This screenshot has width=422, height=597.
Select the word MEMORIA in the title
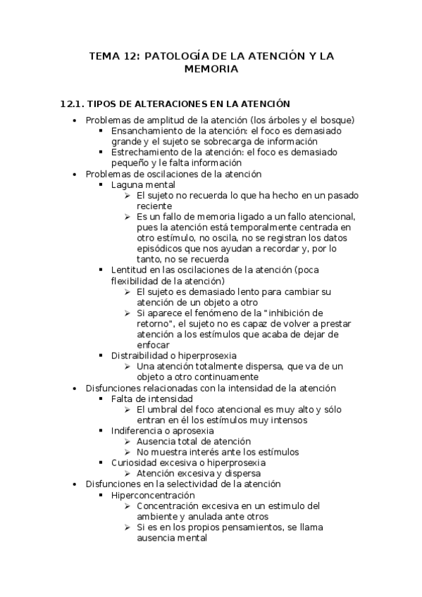[211, 69]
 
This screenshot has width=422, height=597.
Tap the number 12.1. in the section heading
[73, 103]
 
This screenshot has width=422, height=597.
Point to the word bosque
[334, 120]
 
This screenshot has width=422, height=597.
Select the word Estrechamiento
[144, 152]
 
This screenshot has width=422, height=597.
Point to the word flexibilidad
[137, 281]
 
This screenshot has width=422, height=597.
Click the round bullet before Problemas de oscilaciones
[75, 174]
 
